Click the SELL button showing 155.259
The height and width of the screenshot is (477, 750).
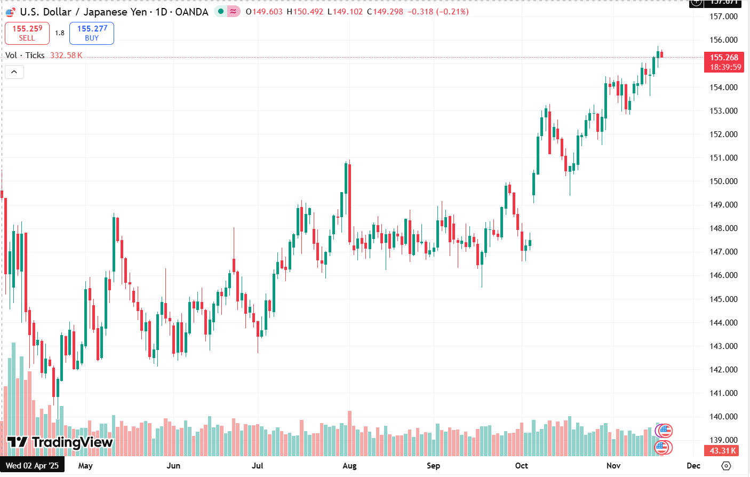pos(27,33)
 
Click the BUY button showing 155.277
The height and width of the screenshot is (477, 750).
pos(92,33)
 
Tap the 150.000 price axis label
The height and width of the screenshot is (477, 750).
pos(723,181)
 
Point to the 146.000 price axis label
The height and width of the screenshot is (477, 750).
pos(723,275)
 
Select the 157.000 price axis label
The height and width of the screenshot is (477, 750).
pos(723,17)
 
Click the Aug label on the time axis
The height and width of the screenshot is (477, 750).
pos(349,466)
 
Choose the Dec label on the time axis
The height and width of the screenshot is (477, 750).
pos(693,466)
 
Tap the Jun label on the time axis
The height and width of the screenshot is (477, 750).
pos(173,466)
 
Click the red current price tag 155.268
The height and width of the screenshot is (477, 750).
pos(724,58)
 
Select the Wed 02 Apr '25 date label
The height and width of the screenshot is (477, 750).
pos(33,466)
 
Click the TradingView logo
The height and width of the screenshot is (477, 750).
pos(60,442)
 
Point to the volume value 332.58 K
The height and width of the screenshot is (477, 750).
pos(66,55)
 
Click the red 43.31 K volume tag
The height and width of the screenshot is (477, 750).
pos(723,451)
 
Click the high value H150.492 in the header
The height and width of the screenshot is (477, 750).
pos(305,12)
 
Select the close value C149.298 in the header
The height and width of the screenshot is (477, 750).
pos(385,12)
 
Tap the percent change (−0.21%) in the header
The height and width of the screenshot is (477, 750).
pos(452,12)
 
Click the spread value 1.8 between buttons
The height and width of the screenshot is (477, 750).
pos(60,33)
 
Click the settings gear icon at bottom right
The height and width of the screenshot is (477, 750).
pos(725,466)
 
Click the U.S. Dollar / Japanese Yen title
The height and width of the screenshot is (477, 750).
pos(83,12)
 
